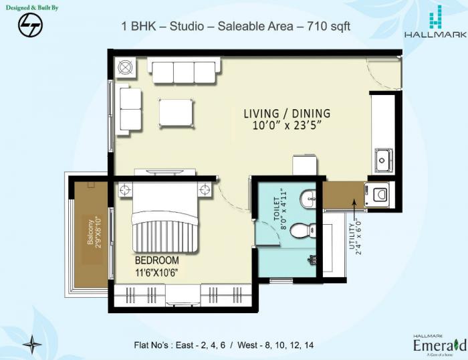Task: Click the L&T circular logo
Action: click(x=29, y=25)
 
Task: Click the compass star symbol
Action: click(x=32, y=344)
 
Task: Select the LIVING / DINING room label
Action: click(x=286, y=114)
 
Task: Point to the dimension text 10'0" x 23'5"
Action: click(x=286, y=126)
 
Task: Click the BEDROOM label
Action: click(x=157, y=260)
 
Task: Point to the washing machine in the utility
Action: click(x=378, y=194)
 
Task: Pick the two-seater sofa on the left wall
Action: click(x=129, y=109)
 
